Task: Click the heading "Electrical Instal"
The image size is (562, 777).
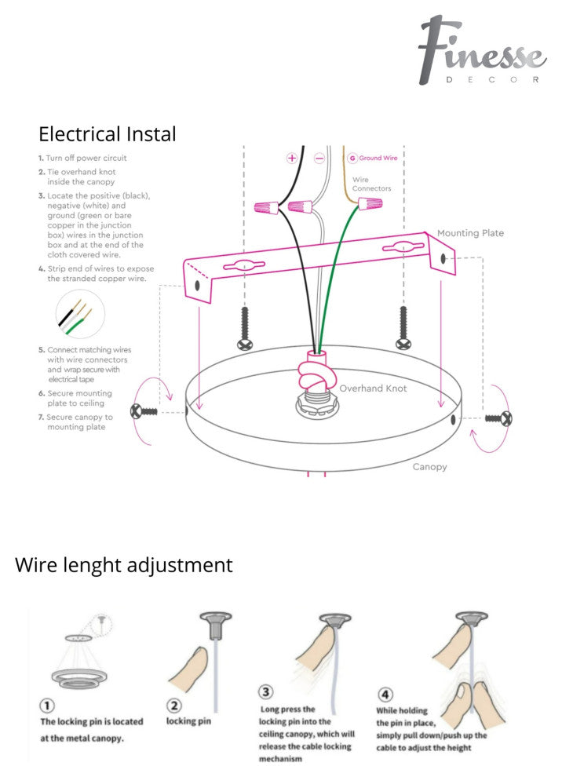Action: coord(108,133)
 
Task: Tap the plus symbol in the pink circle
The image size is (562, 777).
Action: coord(292,158)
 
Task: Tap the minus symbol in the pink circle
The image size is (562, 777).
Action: coord(319,158)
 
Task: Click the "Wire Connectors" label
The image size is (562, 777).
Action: coord(371,184)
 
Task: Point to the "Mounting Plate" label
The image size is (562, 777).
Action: coord(470,233)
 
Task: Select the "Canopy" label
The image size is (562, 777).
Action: coord(429,466)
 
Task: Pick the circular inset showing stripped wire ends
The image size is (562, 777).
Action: coord(80,315)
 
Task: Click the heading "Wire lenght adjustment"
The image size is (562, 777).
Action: coord(124,564)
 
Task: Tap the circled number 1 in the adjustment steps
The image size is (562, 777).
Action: coord(48,706)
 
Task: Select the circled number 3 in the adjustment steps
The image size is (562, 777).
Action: coord(267,692)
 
